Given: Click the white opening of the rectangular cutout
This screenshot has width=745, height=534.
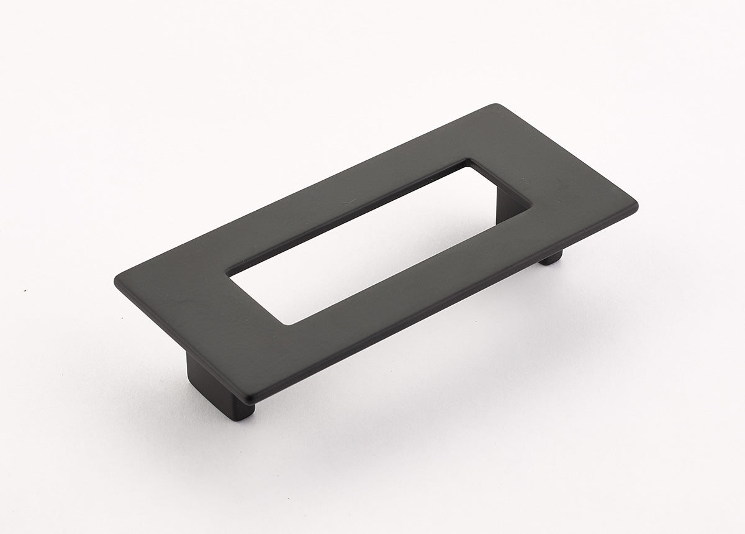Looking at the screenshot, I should pyautogui.click(x=372, y=249).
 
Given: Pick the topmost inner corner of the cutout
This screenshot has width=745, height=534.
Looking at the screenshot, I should pyautogui.click(x=470, y=163).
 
